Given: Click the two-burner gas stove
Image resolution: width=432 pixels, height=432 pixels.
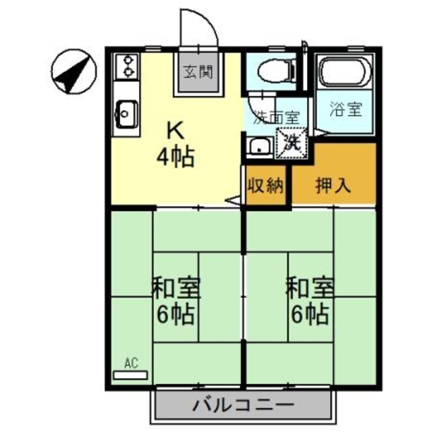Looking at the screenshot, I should point(126,68).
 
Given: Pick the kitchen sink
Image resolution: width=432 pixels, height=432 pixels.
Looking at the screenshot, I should point(126,113).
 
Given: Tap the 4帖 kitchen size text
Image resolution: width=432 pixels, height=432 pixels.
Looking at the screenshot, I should point(175,159).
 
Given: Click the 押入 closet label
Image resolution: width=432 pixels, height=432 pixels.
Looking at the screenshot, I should point(333,185).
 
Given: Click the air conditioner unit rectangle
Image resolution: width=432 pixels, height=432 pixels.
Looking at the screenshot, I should point(130,373).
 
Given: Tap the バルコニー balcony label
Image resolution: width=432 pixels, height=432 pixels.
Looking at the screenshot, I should point(244,406).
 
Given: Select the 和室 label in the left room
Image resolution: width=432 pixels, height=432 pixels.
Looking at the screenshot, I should point(174,288).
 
